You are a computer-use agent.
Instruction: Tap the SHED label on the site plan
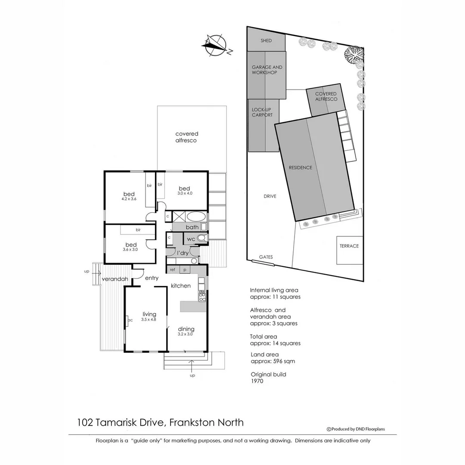pyautogui.click(x=266, y=41)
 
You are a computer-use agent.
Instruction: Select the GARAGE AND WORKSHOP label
pyautogui.click(x=267, y=70)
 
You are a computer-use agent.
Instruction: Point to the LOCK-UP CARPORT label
pyautogui.click(x=262, y=112)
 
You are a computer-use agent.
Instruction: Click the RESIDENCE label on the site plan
pyautogui.click(x=300, y=167)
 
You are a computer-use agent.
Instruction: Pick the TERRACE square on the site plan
pyautogui.click(x=349, y=246)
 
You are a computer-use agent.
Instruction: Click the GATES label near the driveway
pyautogui.click(x=266, y=257)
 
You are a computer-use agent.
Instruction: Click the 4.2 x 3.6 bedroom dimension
pyautogui.click(x=129, y=199)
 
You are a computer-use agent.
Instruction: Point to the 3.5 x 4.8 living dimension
pyautogui.click(x=149, y=319)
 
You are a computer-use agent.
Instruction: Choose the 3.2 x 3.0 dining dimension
pyautogui.click(x=186, y=334)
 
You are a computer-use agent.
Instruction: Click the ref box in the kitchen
pyautogui.click(x=173, y=270)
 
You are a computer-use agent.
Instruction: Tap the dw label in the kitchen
pyautogui.click(x=201, y=291)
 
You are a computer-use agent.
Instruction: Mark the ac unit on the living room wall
pyautogui.click(x=129, y=320)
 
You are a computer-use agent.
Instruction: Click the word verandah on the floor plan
pyautogui.click(x=115, y=279)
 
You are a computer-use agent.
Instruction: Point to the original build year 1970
pyautogui.click(x=257, y=381)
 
